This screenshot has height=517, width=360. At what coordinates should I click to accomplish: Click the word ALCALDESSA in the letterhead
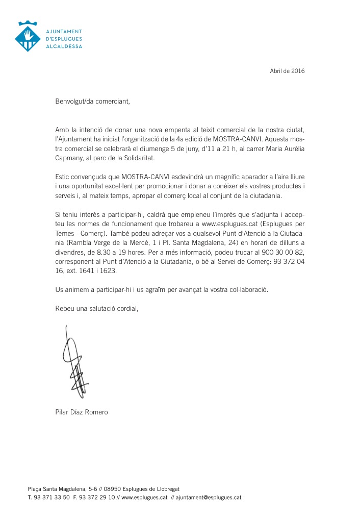point(63,46)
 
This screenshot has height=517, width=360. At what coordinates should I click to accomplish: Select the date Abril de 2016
point(287,71)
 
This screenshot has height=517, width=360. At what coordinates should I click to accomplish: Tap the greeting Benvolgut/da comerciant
point(93,101)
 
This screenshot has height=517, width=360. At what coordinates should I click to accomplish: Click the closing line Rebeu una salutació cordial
point(96,308)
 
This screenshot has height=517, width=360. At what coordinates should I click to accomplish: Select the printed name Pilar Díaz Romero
point(82,412)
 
